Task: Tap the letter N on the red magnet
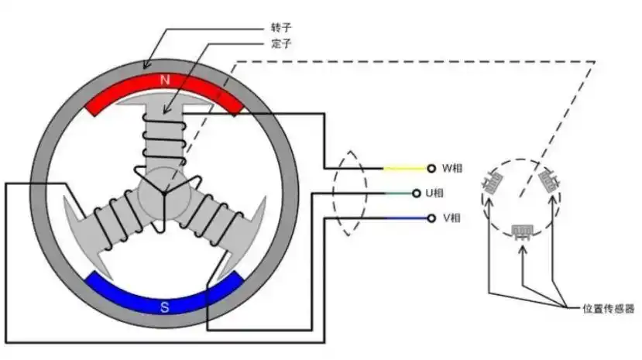pos(164,80)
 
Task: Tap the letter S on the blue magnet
pos(164,307)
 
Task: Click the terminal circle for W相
pos(431,168)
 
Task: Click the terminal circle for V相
pos(431,218)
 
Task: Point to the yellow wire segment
pos(403,168)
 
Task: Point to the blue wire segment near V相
pos(403,218)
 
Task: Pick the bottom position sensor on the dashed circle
pos(524,231)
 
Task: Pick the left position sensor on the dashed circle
pos(490,183)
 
